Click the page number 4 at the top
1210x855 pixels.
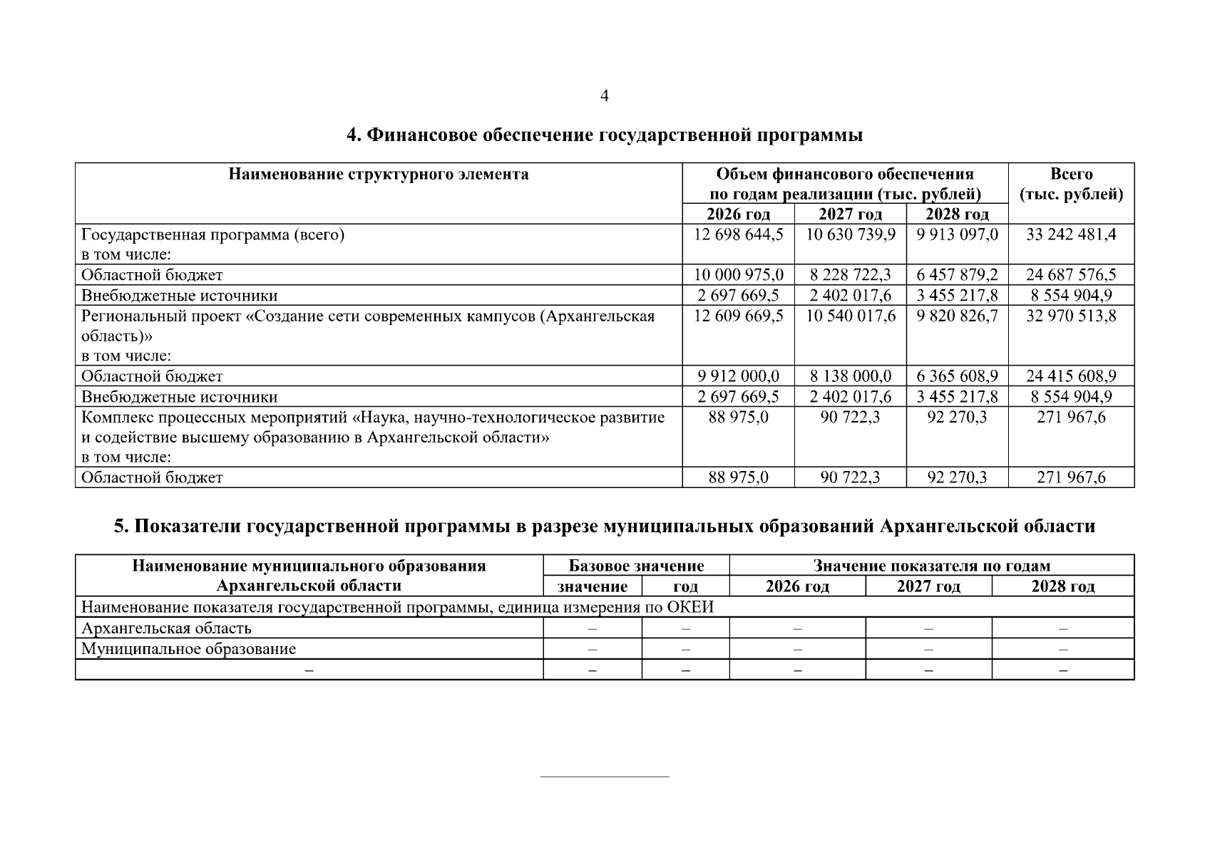click(x=605, y=96)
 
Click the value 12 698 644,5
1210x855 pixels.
click(x=738, y=234)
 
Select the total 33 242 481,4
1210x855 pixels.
click(x=1071, y=234)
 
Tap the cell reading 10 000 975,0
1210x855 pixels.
click(x=738, y=275)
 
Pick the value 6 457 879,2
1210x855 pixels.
click(x=957, y=275)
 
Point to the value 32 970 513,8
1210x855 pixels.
click(x=1071, y=316)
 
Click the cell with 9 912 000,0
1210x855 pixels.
click(x=738, y=376)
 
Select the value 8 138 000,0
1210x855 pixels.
click(x=850, y=376)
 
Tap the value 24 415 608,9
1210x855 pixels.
click(x=1071, y=376)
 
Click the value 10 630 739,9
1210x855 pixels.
click(x=850, y=234)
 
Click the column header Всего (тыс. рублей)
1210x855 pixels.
click(x=1071, y=185)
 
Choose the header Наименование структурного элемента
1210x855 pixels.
click(x=379, y=175)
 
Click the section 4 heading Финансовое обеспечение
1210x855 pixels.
click(x=605, y=135)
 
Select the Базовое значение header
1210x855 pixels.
click(x=636, y=566)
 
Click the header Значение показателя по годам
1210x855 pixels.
click(x=931, y=566)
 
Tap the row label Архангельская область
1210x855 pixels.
click(x=166, y=628)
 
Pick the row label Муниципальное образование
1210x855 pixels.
click(x=188, y=649)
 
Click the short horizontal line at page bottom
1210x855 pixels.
click(x=605, y=776)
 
